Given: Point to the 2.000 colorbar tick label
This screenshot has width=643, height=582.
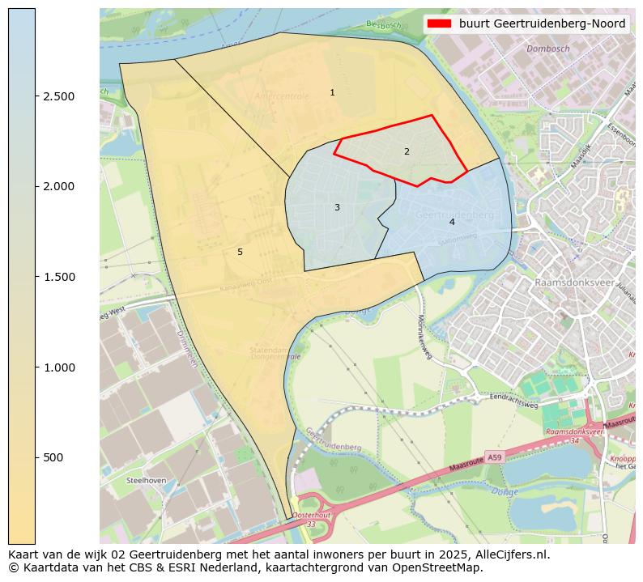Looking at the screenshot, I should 59,187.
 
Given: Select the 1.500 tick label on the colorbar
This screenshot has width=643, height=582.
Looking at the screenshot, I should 59,277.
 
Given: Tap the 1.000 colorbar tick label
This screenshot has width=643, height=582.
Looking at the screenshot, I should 59,367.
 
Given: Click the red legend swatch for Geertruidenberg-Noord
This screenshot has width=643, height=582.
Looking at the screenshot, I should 440,24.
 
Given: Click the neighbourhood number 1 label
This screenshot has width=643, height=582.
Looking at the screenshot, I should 332,93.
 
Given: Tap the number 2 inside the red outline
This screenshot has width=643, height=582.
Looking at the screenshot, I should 407,151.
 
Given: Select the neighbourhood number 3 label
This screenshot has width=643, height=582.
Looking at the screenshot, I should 337,208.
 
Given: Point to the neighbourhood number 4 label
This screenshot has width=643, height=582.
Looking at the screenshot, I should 452,222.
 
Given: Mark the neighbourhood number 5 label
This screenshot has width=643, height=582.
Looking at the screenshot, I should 240,253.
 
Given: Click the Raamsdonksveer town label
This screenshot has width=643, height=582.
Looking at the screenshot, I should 573,283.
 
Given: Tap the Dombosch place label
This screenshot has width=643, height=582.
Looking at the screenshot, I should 548,49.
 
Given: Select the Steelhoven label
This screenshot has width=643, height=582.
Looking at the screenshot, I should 147,480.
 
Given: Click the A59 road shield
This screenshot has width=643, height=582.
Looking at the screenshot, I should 494,458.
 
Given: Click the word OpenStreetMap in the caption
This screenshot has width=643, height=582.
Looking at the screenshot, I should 437,567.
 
